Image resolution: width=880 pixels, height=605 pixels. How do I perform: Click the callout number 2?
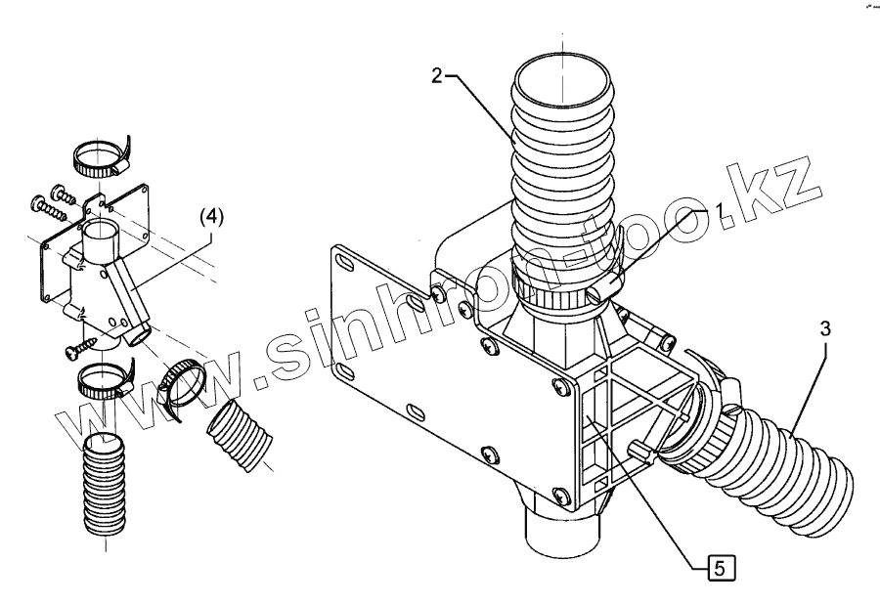436,76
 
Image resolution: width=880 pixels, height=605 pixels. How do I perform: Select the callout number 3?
825,330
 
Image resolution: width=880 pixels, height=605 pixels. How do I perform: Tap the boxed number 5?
719,564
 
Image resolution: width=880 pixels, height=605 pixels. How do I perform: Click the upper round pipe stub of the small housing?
101,237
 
